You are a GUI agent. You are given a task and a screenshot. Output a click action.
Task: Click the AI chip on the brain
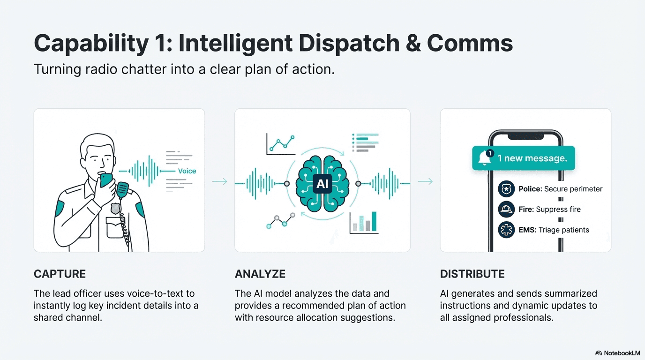pyautogui.click(x=322, y=184)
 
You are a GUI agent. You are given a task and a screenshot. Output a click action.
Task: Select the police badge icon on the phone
pyautogui.click(x=506, y=189)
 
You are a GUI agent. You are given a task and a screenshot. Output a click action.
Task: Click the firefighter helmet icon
pyautogui.click(x=506, y=210)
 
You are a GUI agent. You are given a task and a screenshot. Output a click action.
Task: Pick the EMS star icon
pyautogui.click(x=506, y=230)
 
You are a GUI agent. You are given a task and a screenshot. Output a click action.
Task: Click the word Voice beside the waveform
pyautogui.click(x=187, y=171)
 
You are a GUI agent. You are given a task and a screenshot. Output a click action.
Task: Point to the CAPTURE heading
pyautogui.click(x=60, y=274)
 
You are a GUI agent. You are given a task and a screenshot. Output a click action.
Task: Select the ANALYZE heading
pyautogui.click(x=260, y=274)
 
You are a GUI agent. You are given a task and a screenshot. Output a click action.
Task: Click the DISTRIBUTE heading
pyautogui.click(x=472, y=274)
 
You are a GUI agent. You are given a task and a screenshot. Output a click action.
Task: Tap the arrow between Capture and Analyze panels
pyautogui.click(x=219, y=181)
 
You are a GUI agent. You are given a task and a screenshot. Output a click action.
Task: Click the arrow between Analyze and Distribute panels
pyautogui.click(x=425, y=181)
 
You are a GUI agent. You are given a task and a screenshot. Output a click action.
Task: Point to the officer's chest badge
pyautogui.click(x=115, y=209)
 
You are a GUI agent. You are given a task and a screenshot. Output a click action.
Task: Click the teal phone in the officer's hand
pyautogui.click(x=106, y=180)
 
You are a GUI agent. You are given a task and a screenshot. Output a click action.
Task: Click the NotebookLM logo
pyautogui.click(x=617, y=352)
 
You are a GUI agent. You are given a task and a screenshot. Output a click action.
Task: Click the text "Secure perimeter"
pyautogui.click(x=573, y=189)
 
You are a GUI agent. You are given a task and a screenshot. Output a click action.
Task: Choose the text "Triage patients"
pyautogui.click(x=564, y=230)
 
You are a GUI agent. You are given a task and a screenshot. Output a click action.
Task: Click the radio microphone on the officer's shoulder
pyautogui.click(x=123, y=189)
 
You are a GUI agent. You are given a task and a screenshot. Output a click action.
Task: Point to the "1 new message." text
pyautogui.click(x=532, y=158)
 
